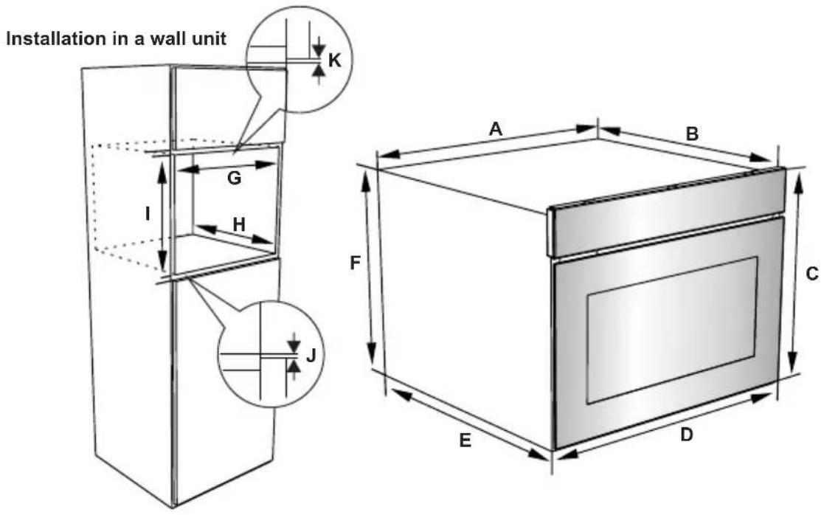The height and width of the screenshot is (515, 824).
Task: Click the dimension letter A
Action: [x=495, y=128]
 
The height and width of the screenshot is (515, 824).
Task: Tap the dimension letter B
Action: [x=692, y=134]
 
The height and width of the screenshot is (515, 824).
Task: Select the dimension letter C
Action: [x=812, y=274]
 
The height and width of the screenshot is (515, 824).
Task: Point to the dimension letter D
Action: [x=686, y=435]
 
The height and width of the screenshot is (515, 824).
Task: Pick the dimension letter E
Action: [x=465, y=440]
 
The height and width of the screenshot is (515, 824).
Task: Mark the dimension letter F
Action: [x=356, y=262]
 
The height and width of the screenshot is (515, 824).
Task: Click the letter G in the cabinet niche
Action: [x=235, y=178]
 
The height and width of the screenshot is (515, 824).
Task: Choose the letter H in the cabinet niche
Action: [x=239, y=224]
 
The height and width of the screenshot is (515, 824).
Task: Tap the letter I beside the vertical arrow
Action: [x=148, y=213]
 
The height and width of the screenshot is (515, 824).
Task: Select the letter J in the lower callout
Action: [x=311, y=356]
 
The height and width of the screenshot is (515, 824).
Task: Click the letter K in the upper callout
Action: [x=334, y=61]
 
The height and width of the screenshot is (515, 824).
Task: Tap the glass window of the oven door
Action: [x=672, y=330]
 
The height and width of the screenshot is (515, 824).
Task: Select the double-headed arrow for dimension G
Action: [x=225, y=167]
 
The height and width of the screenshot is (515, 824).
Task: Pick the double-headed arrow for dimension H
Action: [x=235, y=235]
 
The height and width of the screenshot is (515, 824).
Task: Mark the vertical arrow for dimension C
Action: [x=796, y=272]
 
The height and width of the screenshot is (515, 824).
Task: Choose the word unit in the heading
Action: [x=208, y=38]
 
